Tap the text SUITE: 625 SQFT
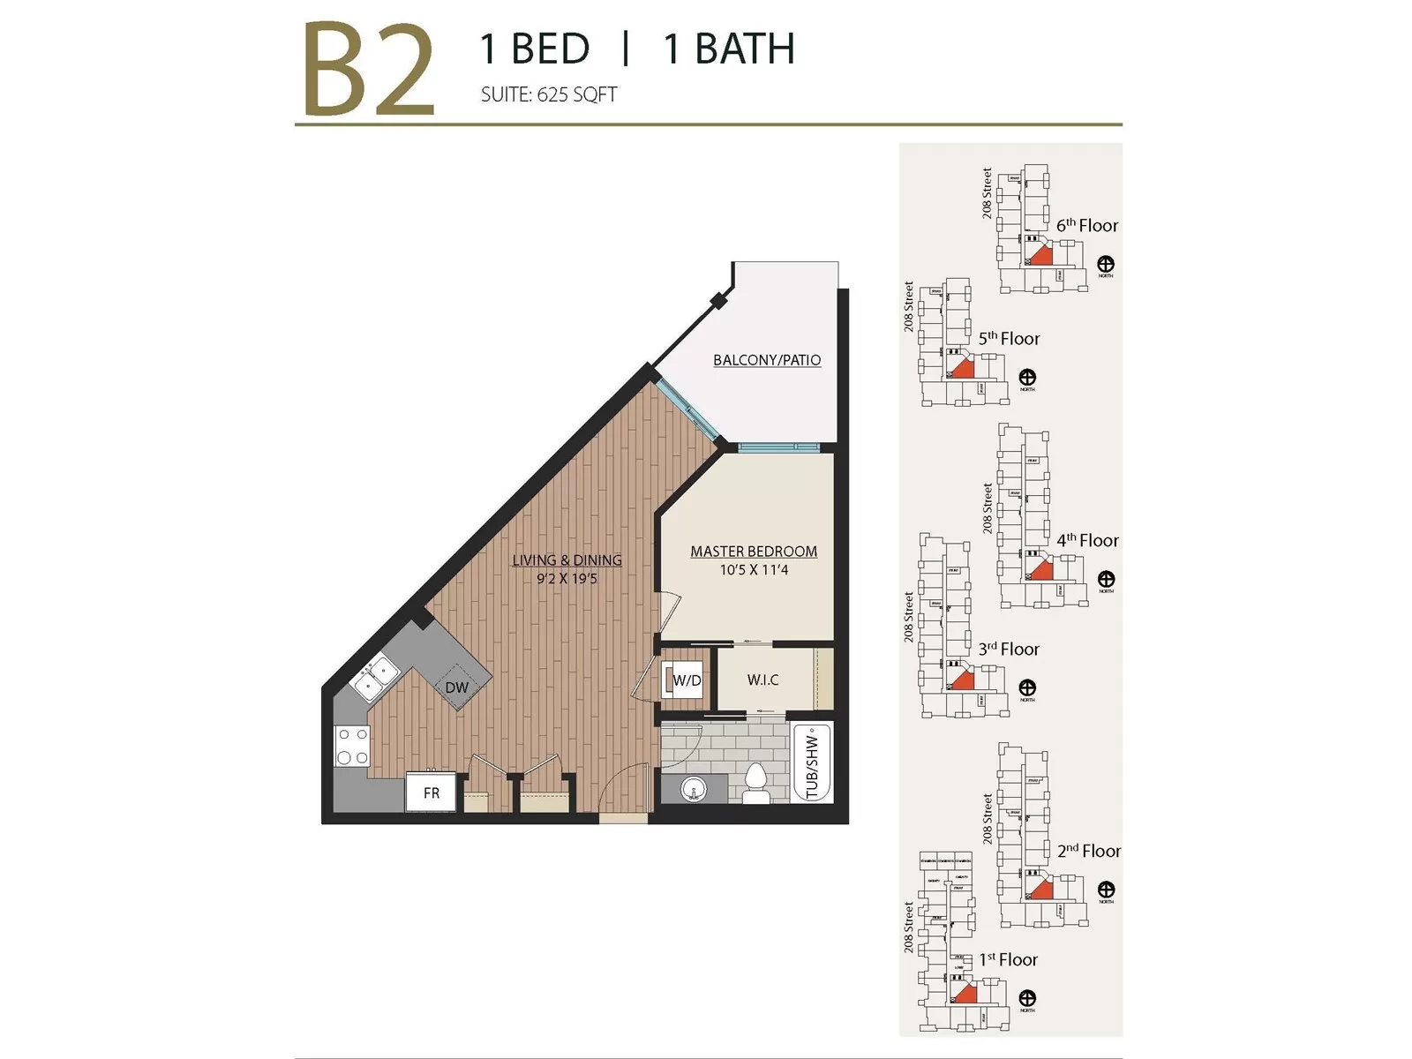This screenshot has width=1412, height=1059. [x=548, y=94]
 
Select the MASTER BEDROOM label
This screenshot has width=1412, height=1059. [x=753, y=552]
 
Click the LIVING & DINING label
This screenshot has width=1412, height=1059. [x=567, y=560]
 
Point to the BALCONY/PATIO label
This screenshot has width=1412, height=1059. [x=766, y=360]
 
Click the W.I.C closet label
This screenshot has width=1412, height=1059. [x=762, y=680]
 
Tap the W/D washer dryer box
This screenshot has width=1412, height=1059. [x=686, y=680]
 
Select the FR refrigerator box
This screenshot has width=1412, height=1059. [x=431, y=792]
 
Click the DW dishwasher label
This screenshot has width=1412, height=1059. [x=456, y=687]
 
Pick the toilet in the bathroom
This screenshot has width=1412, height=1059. [x=756, y=784]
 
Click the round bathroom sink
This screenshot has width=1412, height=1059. [x=695, y=789]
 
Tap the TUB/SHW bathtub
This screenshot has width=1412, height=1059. [x=812, y=763]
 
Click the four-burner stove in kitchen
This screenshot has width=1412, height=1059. [x=352, y=746]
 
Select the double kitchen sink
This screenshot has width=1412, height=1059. [x=375, y=678]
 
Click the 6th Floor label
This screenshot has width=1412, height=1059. [x=1086, y=226]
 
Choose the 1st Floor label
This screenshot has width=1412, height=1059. [x=1008, y=960]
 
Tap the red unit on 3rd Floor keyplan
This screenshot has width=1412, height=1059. [x=963, y=680]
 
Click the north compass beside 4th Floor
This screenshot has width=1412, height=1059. [x=1106, y=580]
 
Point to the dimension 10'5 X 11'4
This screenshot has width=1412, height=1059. [x=753, y=571]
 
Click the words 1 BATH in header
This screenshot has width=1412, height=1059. [x=728, y=49]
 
